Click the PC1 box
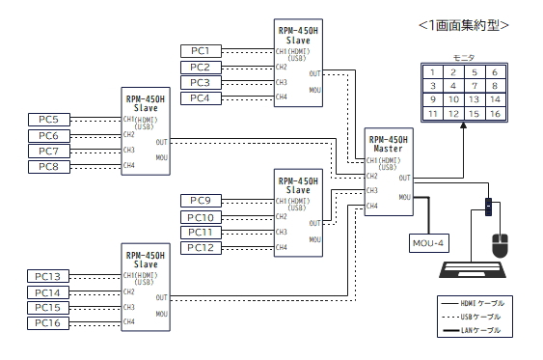pos(201,51)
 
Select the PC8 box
pos(49,167)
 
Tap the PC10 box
pos(201,217)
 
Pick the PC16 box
pos(48,323)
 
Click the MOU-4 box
pos(429,243)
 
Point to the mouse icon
pos(500,246)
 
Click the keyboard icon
pos(473,270)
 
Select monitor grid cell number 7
pos(475,86)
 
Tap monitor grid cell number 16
pos(495,114)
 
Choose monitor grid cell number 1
pos(433,72)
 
